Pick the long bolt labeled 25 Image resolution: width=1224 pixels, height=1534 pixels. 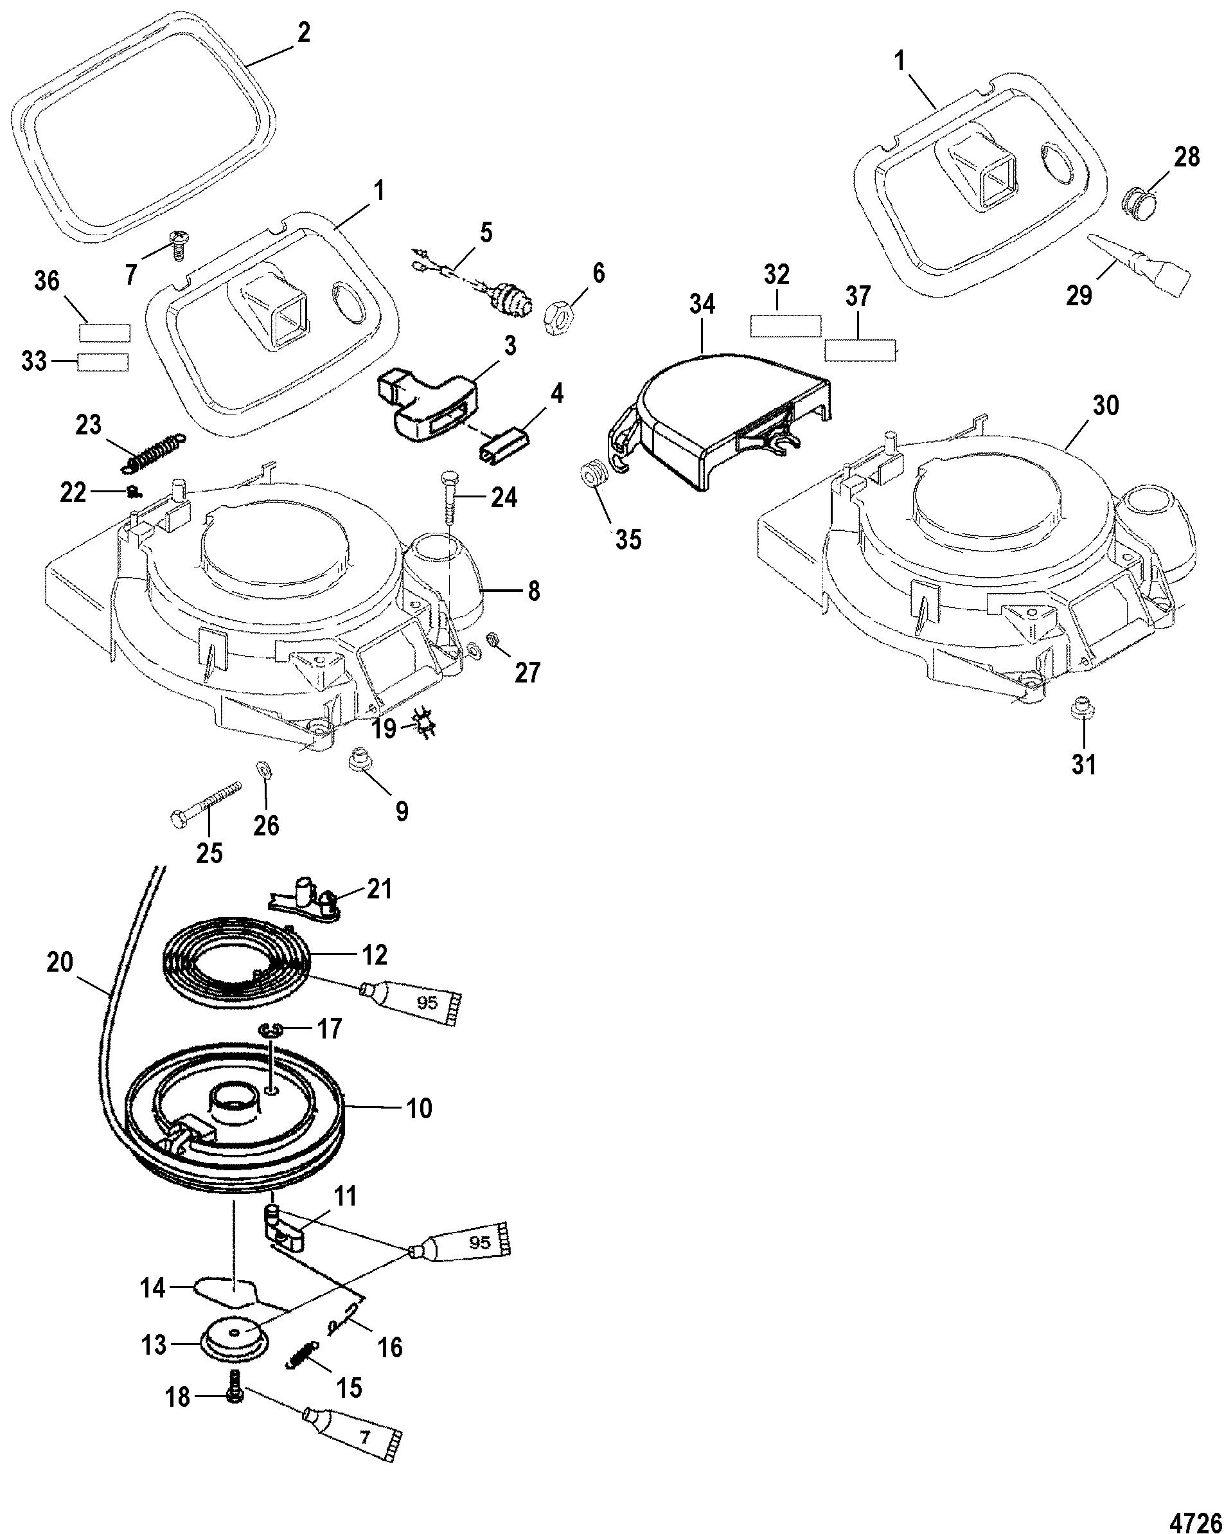tap(205, 803)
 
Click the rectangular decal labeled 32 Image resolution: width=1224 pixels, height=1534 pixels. tap(786, 326)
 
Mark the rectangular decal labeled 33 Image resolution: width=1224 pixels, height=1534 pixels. tap(103, 362)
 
